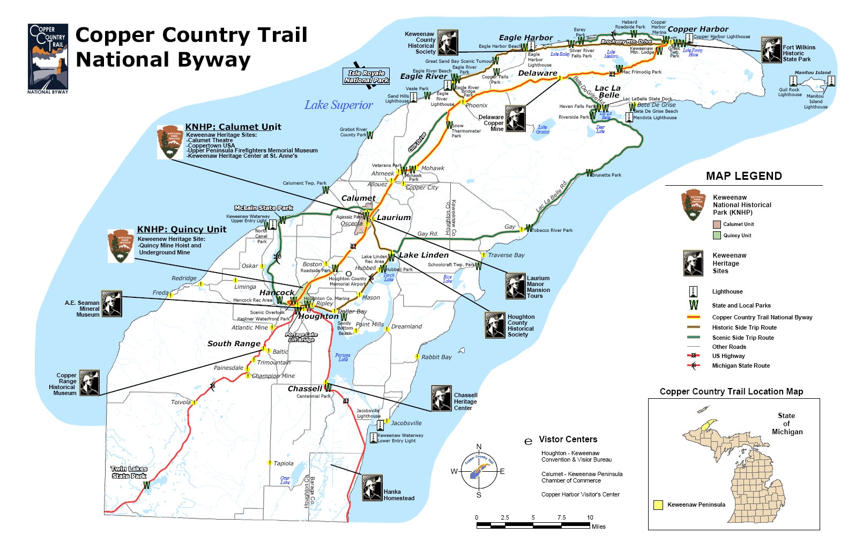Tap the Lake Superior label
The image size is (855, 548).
tap(338, 105)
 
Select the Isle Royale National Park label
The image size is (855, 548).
tap(366, 76)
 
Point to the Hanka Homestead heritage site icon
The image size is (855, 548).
tap(372, 487)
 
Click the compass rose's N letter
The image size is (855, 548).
tap(479, 447)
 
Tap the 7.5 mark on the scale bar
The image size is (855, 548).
tap(561, 517)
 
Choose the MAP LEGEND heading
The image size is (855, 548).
tap(744, 176)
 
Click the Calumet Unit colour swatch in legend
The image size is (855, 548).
tap(717, 224)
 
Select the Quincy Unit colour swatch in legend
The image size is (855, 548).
tap(717, 235)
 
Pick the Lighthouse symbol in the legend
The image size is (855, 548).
tap(693, 291)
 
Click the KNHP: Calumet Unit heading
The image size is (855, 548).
tap(233, 127)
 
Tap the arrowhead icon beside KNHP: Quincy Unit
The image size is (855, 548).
tap(121, 246)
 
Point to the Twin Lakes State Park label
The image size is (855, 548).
tap(129, 472)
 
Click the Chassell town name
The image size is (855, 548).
tap(304, 389)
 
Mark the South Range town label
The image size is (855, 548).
tap(234, 344)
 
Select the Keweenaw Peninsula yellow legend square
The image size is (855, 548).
tap(658, 505)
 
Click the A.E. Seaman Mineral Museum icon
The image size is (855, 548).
tap(112, 304)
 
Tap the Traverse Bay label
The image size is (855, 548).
tap(506, 255)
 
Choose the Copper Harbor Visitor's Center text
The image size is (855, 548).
tap(580, 494)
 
